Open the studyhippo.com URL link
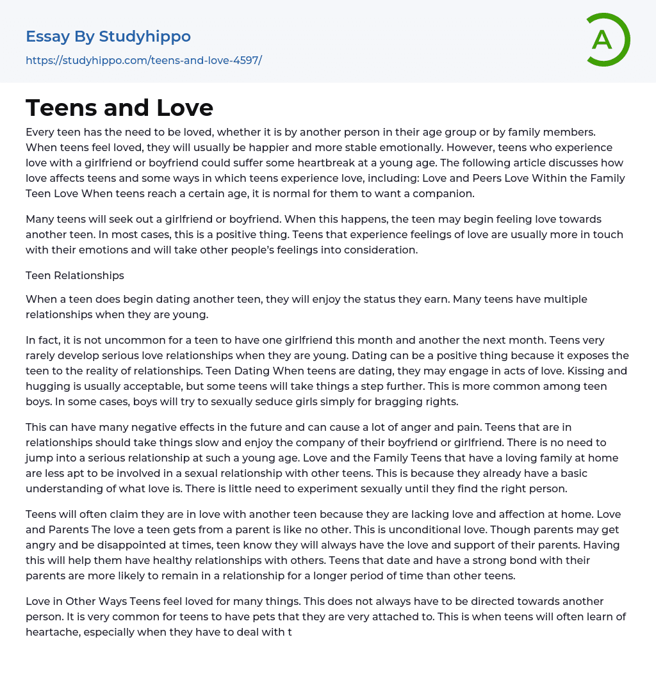click(x=143, y=60)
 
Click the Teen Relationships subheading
click(x=75, y=275)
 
